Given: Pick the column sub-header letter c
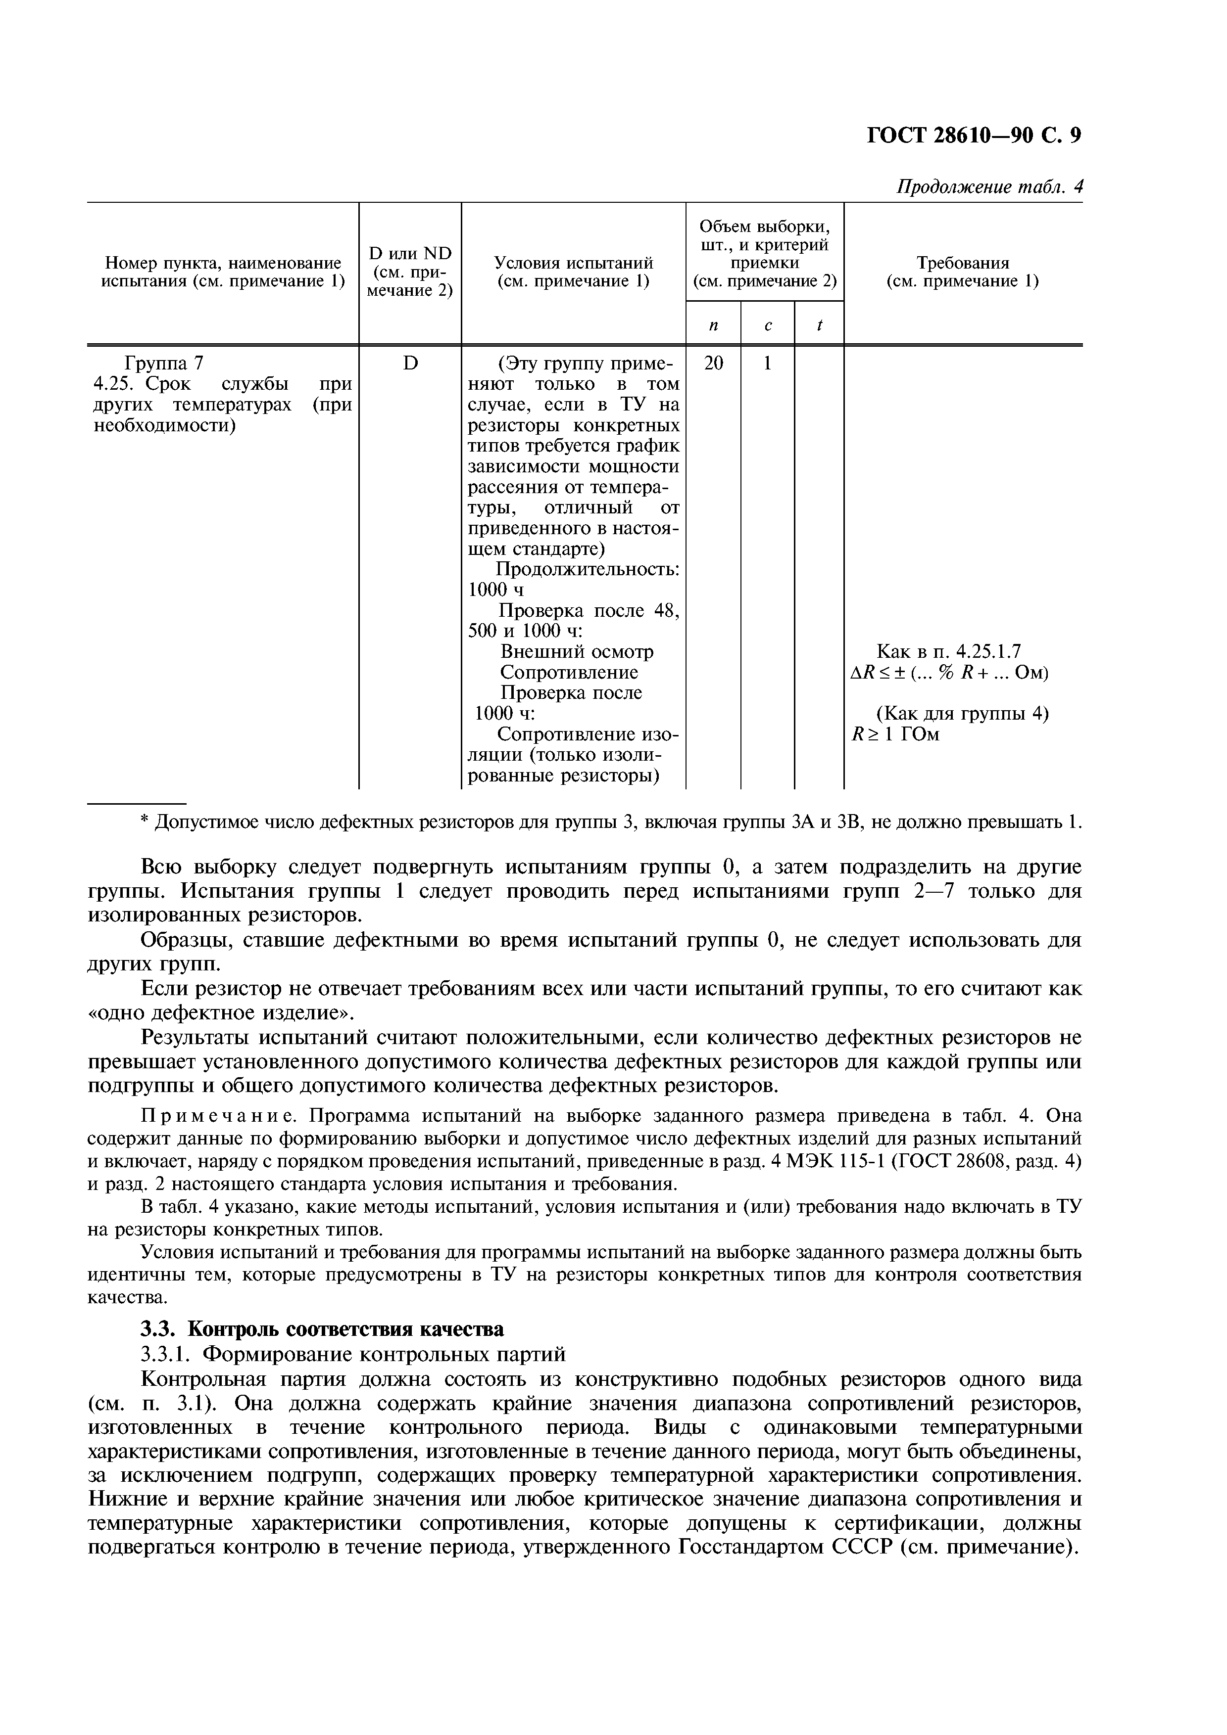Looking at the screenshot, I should point(767,325).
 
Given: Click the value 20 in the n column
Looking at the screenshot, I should point(713,364).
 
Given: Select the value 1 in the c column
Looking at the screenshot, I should point(767,364).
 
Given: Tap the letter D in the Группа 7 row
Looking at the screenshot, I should point(410,364).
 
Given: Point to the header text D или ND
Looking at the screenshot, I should point(410,253).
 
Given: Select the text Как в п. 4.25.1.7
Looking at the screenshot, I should point(948,651).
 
